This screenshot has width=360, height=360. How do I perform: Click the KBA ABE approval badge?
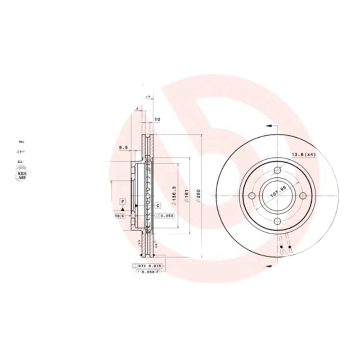[21, 175]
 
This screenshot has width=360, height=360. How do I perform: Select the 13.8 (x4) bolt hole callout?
[304, 155]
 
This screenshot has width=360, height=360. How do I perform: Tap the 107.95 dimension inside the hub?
[278, 192]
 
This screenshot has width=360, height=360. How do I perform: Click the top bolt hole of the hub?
[278, 170]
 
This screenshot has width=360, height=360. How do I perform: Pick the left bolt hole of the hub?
[252, 195]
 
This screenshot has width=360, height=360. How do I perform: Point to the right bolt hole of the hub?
[303, 195]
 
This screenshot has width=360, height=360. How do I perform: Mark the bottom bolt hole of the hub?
[278, 220]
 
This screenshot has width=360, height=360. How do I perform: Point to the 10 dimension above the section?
[157, 120]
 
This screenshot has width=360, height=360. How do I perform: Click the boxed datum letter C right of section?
[158, 206]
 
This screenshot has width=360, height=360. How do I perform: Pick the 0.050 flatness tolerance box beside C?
[165, 216]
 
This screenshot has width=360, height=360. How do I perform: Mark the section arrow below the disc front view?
[268, 266]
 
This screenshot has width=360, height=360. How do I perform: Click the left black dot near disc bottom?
[281, 247]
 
